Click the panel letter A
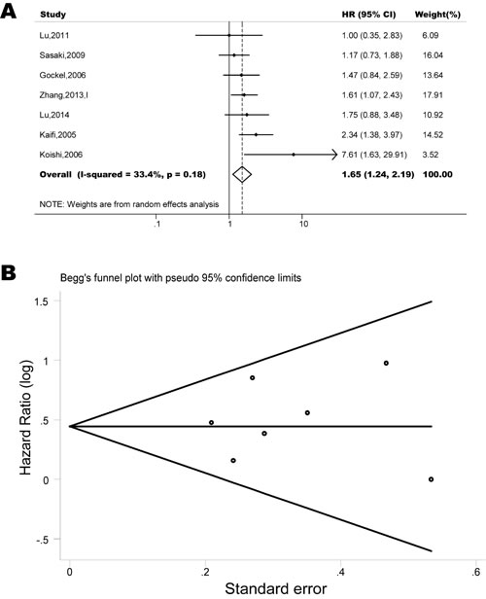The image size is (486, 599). coord(12,11)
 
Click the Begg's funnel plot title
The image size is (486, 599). coord(190,276)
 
